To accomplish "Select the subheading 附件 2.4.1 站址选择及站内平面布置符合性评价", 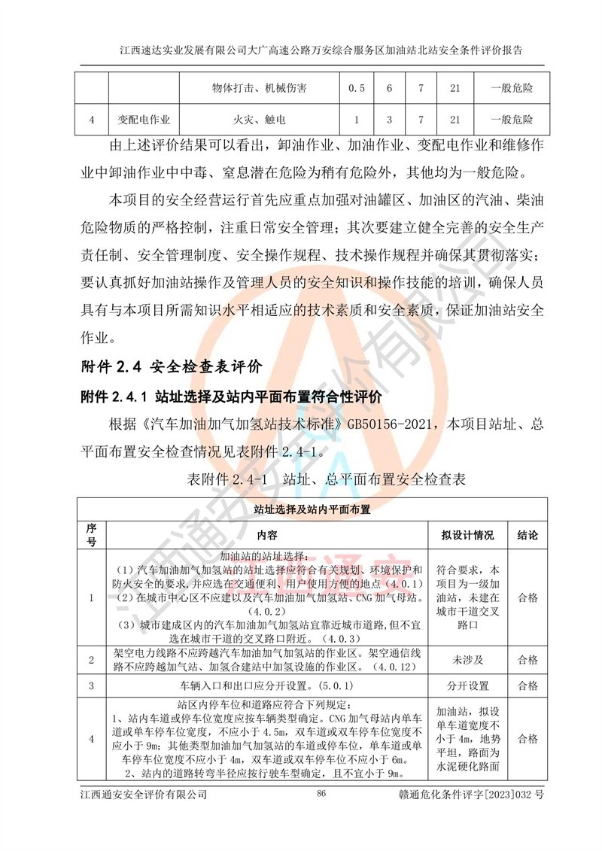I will coord(231,396).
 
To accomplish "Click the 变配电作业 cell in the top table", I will coord(144,120).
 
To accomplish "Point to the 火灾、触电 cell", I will coord(259,120).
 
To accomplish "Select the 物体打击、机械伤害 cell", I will coord(259,89).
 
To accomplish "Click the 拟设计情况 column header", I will coord(467,535).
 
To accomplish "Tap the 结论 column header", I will coord(528,535).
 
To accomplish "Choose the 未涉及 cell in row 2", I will coord(467,660).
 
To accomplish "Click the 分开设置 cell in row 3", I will coord(467,686).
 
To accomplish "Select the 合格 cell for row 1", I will coord(528,597).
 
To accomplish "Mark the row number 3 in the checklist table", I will coord(91,686).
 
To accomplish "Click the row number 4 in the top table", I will coord(91,120).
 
